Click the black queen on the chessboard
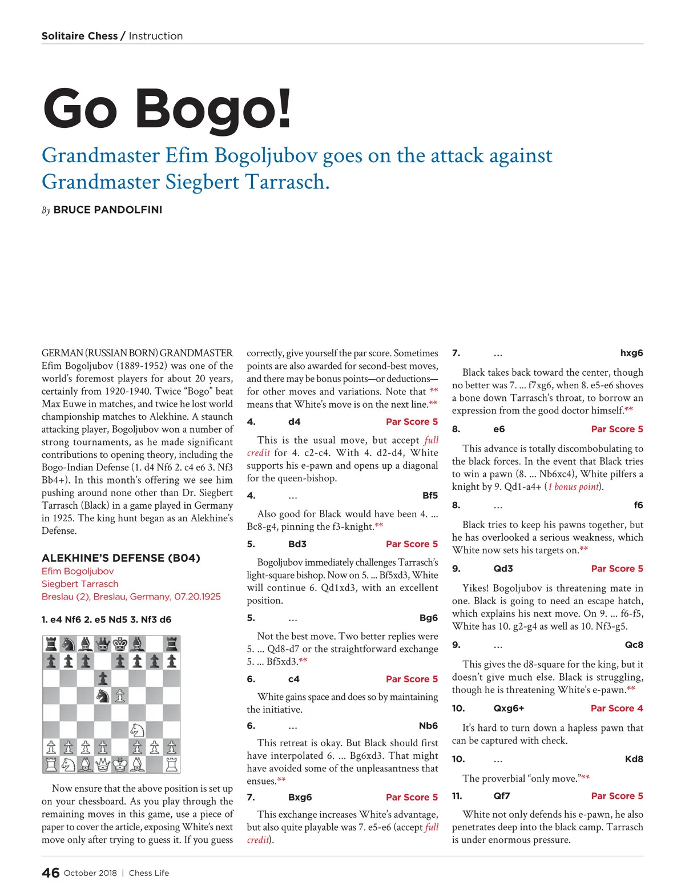pyautogui.click(x=103, y=645)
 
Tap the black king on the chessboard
pyautogui.click(x=120, y=645)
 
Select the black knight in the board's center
pyautogui.click(x=103, y=696)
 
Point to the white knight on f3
pyautogui.click(x=137, y=730)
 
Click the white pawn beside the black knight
pyautogui.click(x=120, y=696)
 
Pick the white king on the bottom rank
pyautogui.click(x=120, y=764)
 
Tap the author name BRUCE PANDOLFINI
pyautogui.click(x=108, y=210)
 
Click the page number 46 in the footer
pyautogui.click(x=50, y=872)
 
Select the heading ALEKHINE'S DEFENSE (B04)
pyautogui.click(x=121, y=558)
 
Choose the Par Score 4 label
pyautogui.click(x=616, y=708)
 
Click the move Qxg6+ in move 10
pyautogui.click(x=509, y=708)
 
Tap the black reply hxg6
pyautogui.click(x=631, y=353)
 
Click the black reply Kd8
pyautogui.click(x=634, y=759)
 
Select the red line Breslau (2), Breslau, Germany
pyautogui.click(x=131, y=596)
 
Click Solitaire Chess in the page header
pyautogui.click(x=79, y=36)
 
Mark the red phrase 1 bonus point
pyautogui.click(x=573, y=486)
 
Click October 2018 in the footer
pyautogui.click(x=90, y=872)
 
